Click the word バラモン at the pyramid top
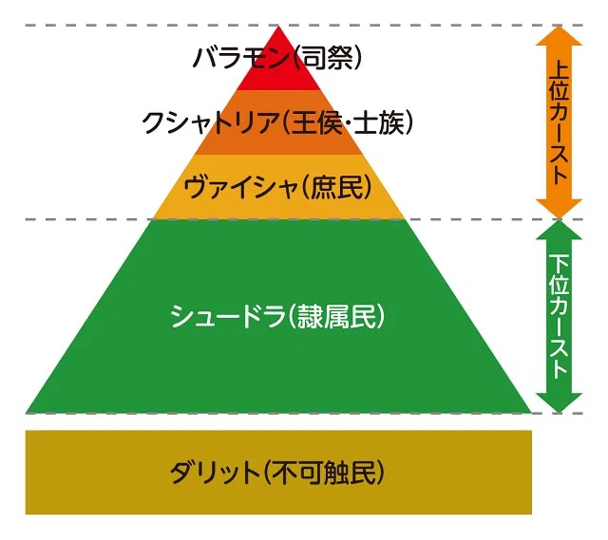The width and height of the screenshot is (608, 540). pos(241,60)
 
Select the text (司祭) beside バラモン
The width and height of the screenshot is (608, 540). pos(328,60)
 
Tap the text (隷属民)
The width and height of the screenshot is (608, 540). pos(334,317)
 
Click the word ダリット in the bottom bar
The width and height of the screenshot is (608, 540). pos(214,472)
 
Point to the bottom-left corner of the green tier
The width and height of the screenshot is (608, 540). pos(29,412)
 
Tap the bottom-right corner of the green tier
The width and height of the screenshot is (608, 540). pos(527,412)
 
